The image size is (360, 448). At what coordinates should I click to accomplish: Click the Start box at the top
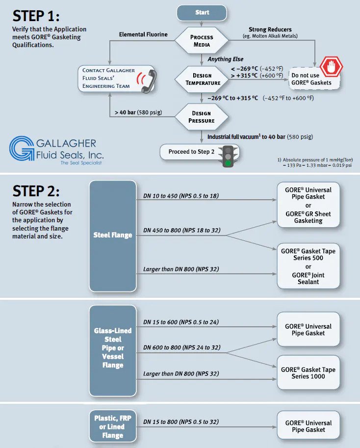pyautogui.click(x=202, y=13)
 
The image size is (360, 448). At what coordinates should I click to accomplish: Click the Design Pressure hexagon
pyautogui.click(x=202, y=117)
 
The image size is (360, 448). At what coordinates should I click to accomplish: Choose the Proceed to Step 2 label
pyautogui.click(x=191, y=152)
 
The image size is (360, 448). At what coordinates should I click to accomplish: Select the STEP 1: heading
pyautogui.click(x=36, y=16)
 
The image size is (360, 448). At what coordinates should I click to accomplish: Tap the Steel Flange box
pyautogui.click(x=113, y=235)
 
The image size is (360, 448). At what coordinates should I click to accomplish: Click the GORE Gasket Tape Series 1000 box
pyautogui.click(x=309, y=373)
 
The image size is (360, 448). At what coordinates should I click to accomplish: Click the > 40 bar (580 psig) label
pyautogui.click(x=141, y=112)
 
